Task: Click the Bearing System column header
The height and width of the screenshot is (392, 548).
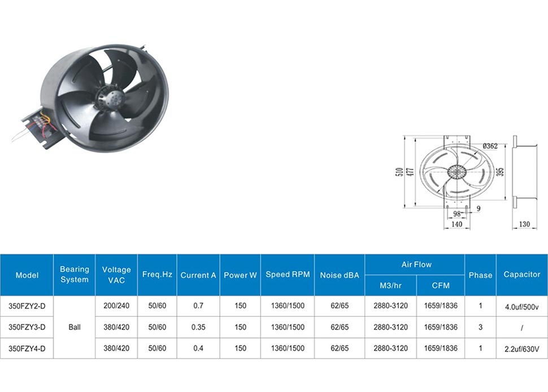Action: coord(74,275)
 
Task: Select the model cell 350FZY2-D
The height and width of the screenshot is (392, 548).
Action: coord(27,306)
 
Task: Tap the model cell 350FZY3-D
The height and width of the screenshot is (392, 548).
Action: coord(27,328)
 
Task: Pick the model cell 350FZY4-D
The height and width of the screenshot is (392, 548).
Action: coord(27,349)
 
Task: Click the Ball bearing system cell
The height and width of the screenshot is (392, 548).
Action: coord(75,327)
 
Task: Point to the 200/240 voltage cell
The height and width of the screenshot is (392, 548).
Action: coord(116,306)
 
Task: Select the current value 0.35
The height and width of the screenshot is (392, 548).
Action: coord(198,327)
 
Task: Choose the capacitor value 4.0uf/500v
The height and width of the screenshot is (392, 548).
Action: coord(522,307)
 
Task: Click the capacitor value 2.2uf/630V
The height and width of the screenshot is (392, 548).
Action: coord(522,349)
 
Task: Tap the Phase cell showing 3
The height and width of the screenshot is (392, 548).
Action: coord(481,327)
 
